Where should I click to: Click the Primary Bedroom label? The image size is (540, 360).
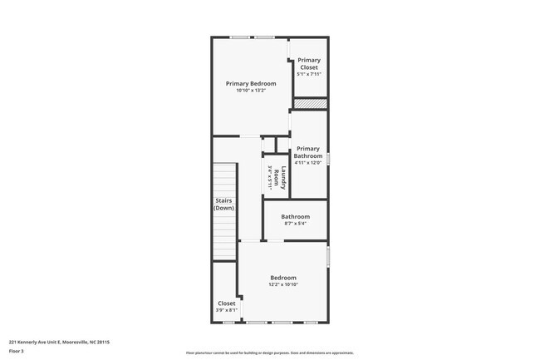click(251, 83)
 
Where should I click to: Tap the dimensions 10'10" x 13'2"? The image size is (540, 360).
click(251, 91)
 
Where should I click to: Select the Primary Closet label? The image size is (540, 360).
click(309, 63)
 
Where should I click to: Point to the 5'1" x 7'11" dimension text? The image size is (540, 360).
click(309, 74)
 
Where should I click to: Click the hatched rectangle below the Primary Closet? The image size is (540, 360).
click(310, 104)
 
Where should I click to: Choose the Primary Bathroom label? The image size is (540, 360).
click(307, 152)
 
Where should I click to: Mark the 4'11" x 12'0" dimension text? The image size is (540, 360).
click(307, 163)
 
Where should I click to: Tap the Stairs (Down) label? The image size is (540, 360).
click(223, 205)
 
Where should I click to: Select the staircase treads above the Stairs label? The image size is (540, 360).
click(223, 179)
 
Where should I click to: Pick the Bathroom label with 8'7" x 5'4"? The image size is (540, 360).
click(295, 216)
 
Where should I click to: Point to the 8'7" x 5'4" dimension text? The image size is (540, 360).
click(295, 224)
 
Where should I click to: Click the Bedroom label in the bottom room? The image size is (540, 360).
click(283, 278)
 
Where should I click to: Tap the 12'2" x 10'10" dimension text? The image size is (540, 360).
click(283, 285)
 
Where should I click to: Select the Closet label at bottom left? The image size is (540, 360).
click(226, 303)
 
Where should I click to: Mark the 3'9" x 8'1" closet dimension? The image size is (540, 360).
click(226, 311)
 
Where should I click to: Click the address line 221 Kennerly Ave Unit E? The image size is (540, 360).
click(59, 342)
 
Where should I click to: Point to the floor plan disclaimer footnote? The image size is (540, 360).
click(269, 353)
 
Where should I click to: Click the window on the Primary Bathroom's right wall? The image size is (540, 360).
click(328, 158)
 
